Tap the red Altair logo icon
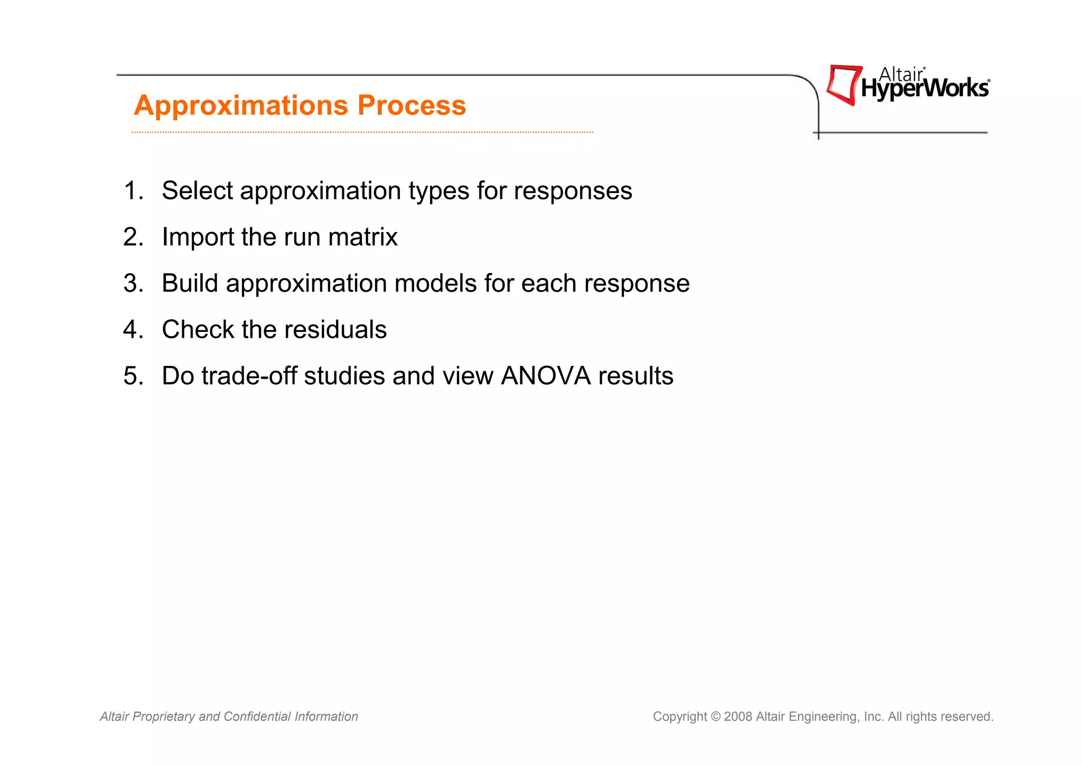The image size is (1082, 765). point(843,85)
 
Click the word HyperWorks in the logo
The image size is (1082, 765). point(925,88)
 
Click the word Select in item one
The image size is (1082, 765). point(197,191)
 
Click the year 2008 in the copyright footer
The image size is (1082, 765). point(738,717)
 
